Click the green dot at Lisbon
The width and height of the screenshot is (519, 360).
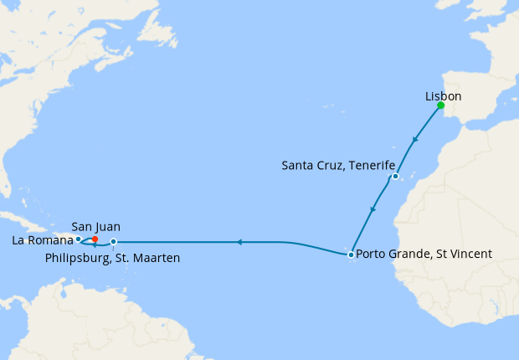tap(440, 105)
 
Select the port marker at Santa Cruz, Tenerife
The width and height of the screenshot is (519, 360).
tap(394, 177)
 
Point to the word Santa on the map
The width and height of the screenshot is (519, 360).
tap(298, 167)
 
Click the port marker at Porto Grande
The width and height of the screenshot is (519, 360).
tap(351, 254)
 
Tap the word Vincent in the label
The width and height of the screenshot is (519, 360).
tap(470, 254)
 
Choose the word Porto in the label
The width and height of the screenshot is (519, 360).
tap(370, 254)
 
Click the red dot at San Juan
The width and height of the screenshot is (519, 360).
tap(95, 239)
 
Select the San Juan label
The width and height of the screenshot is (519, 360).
tap(95, 226)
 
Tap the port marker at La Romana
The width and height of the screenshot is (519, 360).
tap(78, 239)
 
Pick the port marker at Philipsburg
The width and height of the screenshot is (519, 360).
tap(114, 242)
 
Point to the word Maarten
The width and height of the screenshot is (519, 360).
tap(157, 258)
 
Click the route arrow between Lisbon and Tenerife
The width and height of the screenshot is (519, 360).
tap(415, 141)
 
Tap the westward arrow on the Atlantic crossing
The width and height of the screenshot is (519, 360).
tap(239, 242)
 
